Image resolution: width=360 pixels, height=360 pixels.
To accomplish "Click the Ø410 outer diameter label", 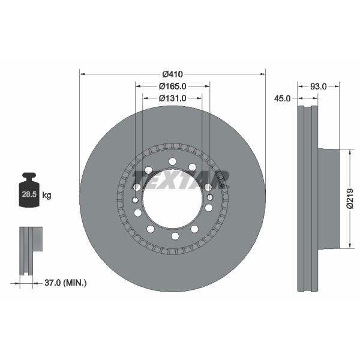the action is point(172,74).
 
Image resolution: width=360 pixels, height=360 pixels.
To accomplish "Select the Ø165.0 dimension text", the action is point(172,86).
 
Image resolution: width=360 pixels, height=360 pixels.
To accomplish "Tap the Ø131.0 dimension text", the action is point(172,98).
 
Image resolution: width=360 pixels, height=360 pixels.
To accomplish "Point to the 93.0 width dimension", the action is point(318,86).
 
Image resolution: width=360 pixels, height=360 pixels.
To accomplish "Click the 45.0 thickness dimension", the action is point(282,98).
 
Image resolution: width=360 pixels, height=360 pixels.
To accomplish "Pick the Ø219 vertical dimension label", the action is point(350,199).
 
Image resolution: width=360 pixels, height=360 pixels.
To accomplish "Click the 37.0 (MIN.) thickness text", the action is point(65,283).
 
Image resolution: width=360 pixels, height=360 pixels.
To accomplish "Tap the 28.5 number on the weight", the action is point(29,194).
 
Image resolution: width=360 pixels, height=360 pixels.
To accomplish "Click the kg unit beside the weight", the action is point(47,196).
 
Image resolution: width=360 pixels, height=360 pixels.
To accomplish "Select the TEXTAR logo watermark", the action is point(181,180).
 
